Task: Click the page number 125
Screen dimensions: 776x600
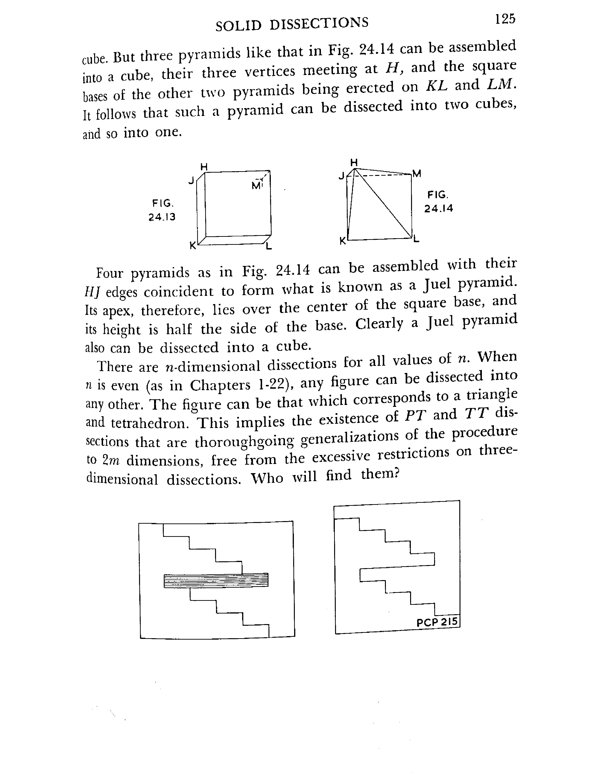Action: click(x=505, y=19)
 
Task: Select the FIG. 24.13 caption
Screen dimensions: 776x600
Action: click(x=162, y=210)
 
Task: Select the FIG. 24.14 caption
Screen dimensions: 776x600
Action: click(x=438, y=202)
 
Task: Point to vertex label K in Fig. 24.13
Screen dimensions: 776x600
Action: click(x=192, y=245)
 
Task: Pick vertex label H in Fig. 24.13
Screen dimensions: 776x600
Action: click(x=204, y=166)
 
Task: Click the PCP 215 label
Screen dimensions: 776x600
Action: click(x=437, y=622)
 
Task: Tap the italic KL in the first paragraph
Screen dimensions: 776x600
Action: click(x=436, y=86)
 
